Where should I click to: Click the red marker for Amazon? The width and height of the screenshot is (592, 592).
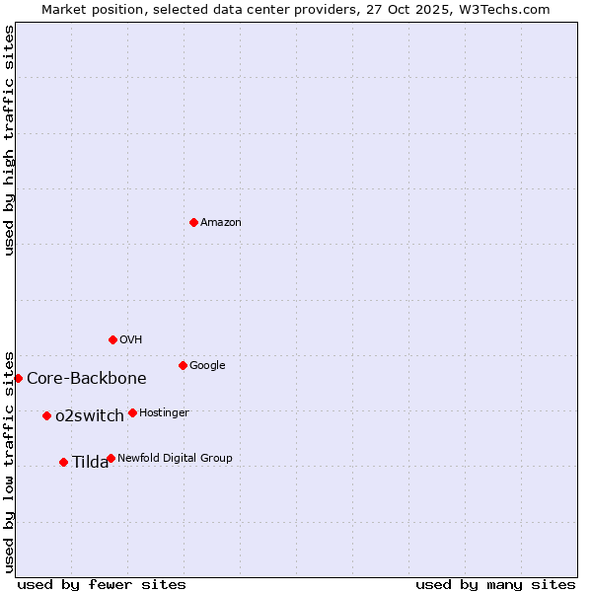pyautogui.click(x=193, y=222)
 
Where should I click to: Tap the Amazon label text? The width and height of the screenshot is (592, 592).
pyautogui.click(x=220, y=223)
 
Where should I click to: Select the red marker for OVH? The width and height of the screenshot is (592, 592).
pyautogui.click(x=112, y=339)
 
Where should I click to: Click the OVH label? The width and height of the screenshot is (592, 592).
pyautogui.click(x=130, y=340)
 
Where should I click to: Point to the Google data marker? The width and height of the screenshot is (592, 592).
pyautogui.click(x=183, y=365)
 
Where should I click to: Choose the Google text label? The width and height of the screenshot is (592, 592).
pyautogui.click(x=207, y=366)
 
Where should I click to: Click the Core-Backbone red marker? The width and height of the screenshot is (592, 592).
pyautogui.click(x=18, y=378)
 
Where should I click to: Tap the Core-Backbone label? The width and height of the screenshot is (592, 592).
pyautogui.click(x=86, y=379)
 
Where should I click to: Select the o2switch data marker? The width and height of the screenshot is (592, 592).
pyautogui.click(x=46, y=415)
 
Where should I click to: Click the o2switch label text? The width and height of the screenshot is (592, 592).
pyautogui.click(x=89, y=416)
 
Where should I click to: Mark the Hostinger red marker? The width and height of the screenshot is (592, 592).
pyautogui.click(x=132, y=412)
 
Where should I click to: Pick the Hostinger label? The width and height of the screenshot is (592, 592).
pyautogui.click(x=164, y=413)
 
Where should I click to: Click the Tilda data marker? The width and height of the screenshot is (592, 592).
pyautogui.click(x=63, y=462)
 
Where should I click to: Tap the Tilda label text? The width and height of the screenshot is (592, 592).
pyautogui.click(x=90, y=463)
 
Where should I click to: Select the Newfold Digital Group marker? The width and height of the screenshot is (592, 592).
pyautogui.click(x=111, y=458)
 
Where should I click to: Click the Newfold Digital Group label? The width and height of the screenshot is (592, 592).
pyautogui.click(x=175, y=459)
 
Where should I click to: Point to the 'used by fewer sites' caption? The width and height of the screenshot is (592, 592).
pyautogui.click(x=102, y=584)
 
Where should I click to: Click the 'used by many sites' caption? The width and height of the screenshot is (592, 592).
pyautogui.click(x=494, y=584)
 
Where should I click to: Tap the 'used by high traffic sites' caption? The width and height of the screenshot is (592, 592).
pyautogui.click(x=10, y=140)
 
